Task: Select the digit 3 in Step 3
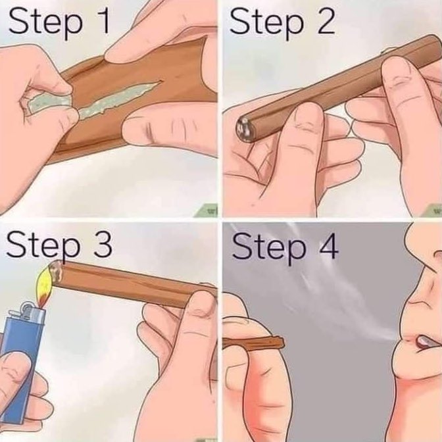[103, 244]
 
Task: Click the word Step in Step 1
[46, 24]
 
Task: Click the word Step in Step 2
[267, 24]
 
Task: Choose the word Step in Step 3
[43, 247]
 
